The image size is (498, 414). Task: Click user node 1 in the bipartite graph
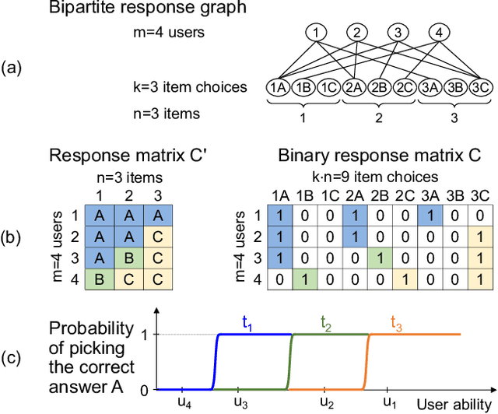[316, 33]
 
